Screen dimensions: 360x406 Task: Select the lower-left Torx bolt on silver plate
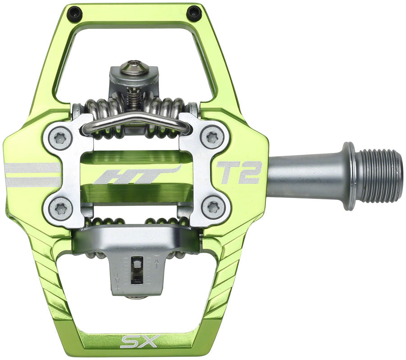tap(60, 208)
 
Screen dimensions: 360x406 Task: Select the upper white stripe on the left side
tap(32, 168)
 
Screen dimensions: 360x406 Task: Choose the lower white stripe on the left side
tap(32, 182)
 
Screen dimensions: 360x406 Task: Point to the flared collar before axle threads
tap(348, 176)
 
